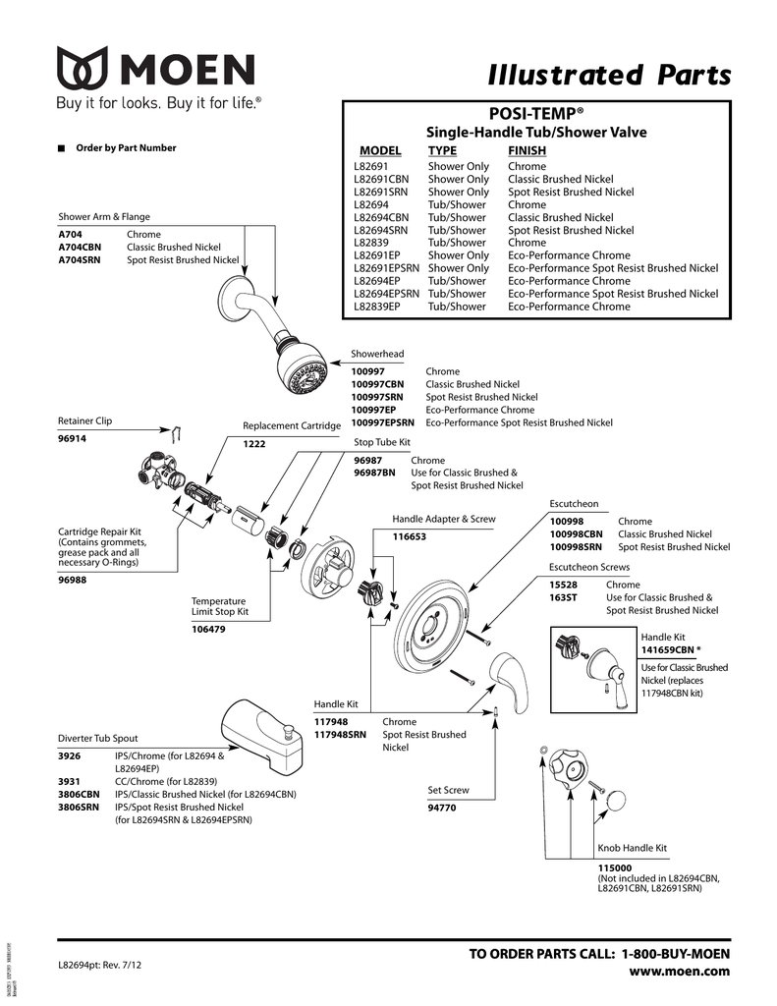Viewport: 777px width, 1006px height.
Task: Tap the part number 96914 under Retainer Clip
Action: (73, 439)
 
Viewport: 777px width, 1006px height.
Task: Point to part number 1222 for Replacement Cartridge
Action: (254, 444)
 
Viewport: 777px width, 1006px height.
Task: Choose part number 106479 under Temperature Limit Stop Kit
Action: (208, 630)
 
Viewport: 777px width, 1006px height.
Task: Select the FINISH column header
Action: (527, 151)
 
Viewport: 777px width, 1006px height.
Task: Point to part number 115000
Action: (615, 867)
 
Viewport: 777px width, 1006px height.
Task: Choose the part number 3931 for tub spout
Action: (69, 781)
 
